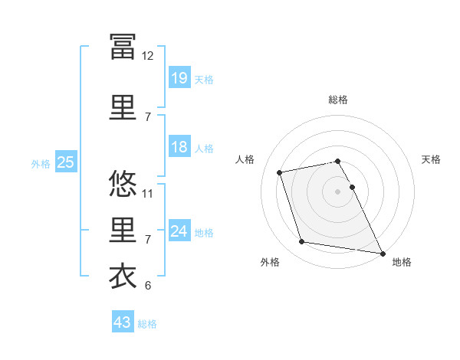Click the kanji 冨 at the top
click(123, 47)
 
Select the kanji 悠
click(123, 183)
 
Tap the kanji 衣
click(123, 276)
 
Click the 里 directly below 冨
click(123, 107)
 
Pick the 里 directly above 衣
click(123, 230)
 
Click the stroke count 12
click(147, 56)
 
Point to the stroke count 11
click(147, 194)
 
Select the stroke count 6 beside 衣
click(148, 285)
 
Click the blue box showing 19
click(179, 77)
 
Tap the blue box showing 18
click(179, 146)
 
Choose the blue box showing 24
click(179, 230)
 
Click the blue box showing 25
click(66, 162)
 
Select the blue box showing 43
click(123, 321)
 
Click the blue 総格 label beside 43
click(147, 324)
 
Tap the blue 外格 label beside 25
click(41, 164)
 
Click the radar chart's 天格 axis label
click(431, 159)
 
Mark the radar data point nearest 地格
click(383, 254)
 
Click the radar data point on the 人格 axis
click(279, 172)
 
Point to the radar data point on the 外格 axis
click(301, 241)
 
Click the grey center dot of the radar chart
click(337, 191)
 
